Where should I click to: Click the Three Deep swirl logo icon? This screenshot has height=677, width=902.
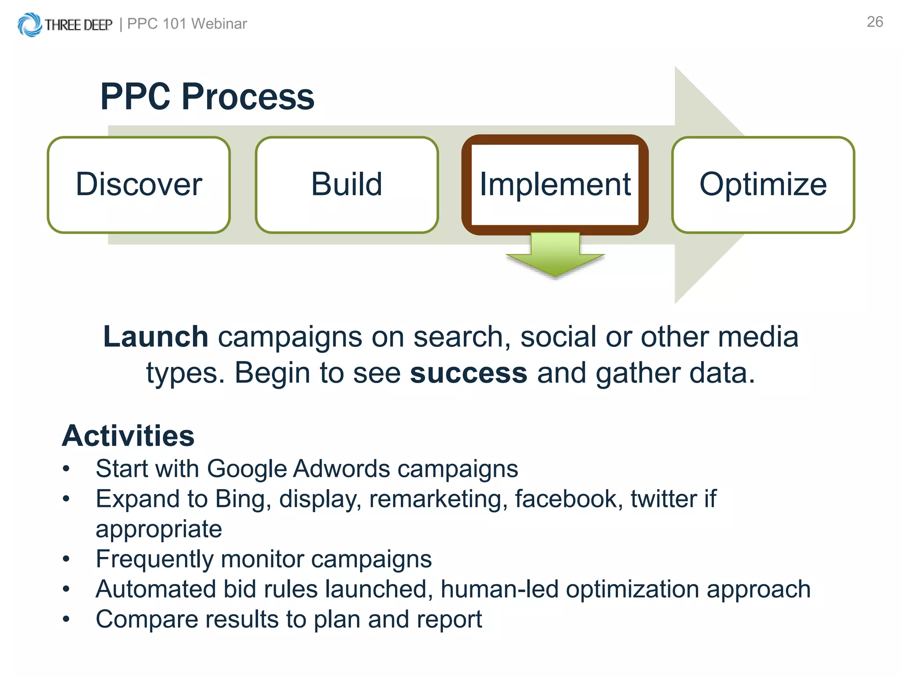coord(30,25)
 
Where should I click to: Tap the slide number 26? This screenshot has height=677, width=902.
coord(875,22)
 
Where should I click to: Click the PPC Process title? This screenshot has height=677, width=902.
coord(207,97)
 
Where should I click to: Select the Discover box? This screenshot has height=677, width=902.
coord(139,185)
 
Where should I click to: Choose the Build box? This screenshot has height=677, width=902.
coord(347,185)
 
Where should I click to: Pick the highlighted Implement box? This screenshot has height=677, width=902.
coord(555,185)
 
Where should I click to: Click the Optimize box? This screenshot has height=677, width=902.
coord(763,185)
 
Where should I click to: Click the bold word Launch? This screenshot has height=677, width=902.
coord(155,337)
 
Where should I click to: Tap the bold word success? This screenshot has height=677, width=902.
coord(468,373)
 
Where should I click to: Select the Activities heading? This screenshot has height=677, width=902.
coord(128,436)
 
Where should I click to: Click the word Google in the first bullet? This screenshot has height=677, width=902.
coord(247,469)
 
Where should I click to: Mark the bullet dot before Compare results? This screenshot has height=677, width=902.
coord(66,619)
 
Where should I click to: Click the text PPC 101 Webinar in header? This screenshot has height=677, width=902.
coord(187,24)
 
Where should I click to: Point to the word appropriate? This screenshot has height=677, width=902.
coord(159,529)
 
